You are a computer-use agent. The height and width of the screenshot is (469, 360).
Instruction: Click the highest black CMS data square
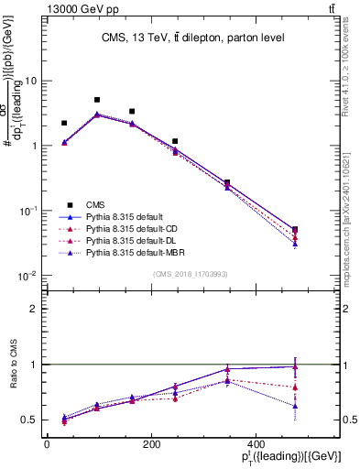tap(97, 100)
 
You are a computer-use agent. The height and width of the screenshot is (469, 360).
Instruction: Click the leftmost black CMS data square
tap(64, 123)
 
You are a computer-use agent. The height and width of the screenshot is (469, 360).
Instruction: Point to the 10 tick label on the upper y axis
tap(31, 81)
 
